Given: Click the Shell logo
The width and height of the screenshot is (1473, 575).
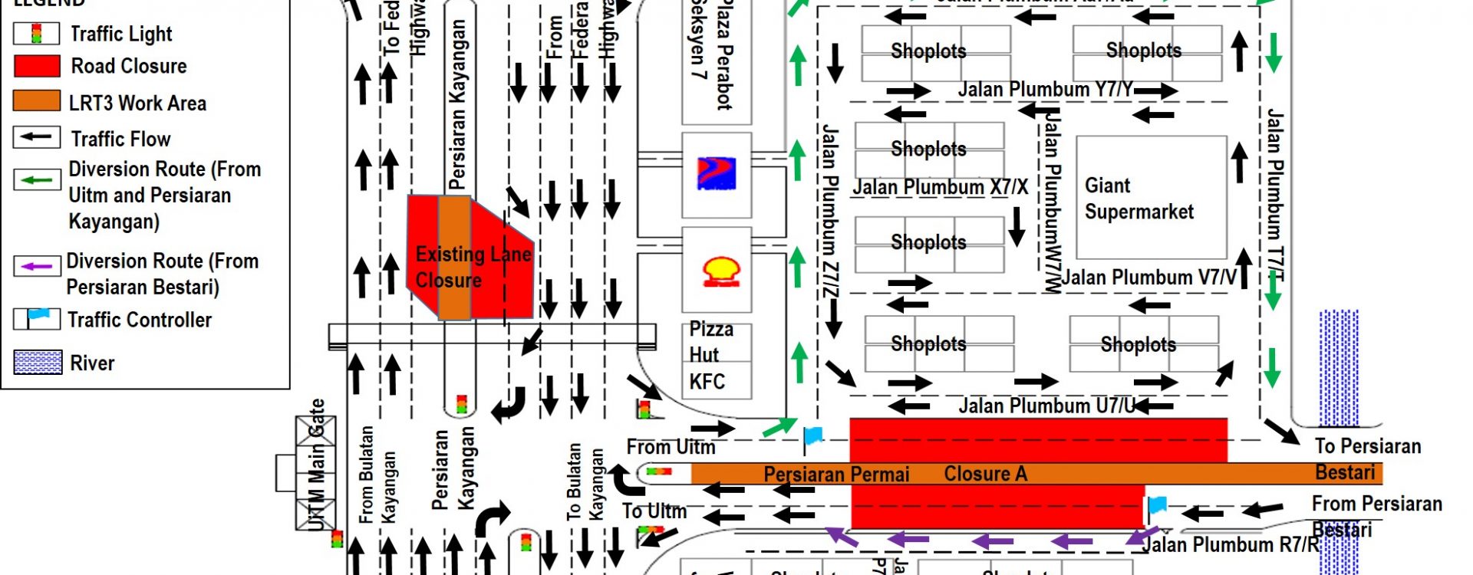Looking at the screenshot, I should coord(721,271).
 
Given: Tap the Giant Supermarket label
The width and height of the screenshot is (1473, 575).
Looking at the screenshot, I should coord(1139,199).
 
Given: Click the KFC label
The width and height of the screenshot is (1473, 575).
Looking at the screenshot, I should coord(707,382).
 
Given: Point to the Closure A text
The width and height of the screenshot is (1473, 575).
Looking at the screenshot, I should coord(985,474).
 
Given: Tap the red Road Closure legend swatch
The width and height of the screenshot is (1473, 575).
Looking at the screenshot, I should coord(37,66).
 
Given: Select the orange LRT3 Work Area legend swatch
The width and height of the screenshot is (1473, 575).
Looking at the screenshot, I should coord(37,102).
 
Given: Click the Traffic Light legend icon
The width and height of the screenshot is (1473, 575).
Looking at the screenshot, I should coord(36,34).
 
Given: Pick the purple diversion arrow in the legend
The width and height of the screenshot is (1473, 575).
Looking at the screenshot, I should coord(36,266).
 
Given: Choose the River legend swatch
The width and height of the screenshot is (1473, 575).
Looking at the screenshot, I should coord(38,362).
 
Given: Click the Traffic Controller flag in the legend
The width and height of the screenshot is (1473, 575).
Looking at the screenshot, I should coord(37,317).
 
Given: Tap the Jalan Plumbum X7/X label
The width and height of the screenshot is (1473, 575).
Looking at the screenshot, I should coord(940,187).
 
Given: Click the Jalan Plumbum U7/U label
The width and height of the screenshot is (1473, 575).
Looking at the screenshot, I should coord(1046,406).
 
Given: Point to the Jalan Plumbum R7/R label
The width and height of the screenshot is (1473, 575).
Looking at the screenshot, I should coord(1231,544).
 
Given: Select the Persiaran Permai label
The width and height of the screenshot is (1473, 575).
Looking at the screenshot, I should coord(836,475).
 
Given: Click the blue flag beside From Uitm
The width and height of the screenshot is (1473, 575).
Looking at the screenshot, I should coord(812,438).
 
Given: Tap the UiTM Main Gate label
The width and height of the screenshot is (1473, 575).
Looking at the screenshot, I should coord(317,465).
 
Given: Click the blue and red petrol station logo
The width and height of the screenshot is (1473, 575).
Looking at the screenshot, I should coord(716,173).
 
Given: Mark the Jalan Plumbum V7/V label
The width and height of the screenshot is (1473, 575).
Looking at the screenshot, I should coord(1149,278).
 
